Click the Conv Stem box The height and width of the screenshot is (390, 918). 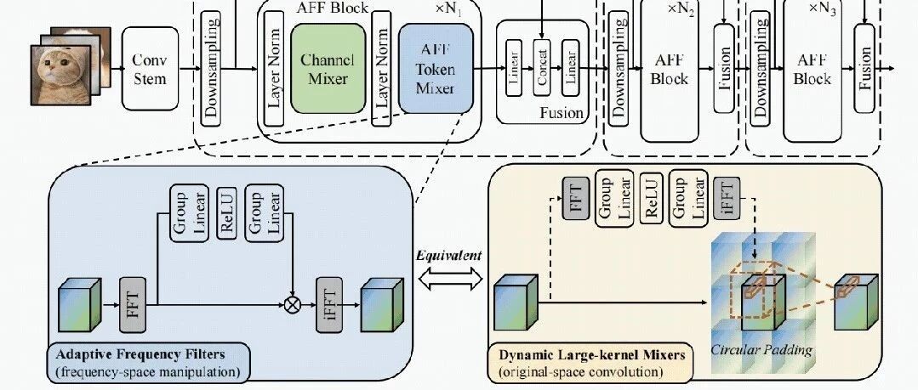150,69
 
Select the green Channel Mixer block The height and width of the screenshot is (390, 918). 328,69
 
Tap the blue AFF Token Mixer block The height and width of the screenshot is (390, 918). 436,69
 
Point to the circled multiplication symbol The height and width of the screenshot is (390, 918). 292,304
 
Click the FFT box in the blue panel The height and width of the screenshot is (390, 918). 133,305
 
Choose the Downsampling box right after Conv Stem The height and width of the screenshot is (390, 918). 211,69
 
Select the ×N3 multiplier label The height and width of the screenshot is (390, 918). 822,8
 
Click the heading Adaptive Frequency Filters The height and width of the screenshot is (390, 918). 140,354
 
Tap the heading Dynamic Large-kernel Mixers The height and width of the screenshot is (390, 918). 592,354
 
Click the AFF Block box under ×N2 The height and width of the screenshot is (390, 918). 670,69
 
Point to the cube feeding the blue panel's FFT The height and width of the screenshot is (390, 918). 80,305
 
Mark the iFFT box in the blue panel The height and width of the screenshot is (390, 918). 329,305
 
